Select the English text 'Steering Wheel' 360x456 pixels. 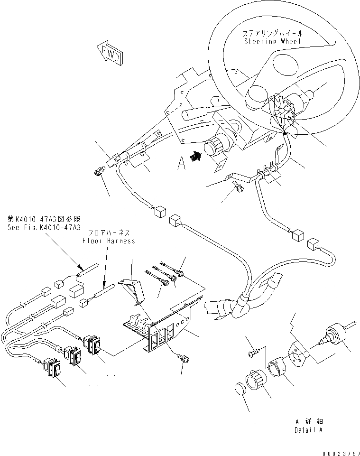click(x=273, y=41)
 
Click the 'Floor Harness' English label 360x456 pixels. click(x=109, y=241)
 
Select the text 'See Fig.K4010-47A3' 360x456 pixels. click(x=44, y=227)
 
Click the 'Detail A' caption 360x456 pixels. click(x=309, y=430)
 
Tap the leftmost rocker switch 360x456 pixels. click(x=52, y=368)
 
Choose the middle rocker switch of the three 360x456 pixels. click(x=73, y=356)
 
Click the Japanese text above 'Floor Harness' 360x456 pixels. click(x=108, y=233)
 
